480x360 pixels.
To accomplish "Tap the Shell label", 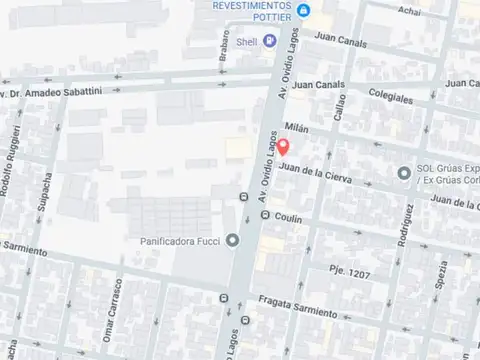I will tap(246, 42).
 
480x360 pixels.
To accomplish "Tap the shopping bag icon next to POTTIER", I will tap(305, 11).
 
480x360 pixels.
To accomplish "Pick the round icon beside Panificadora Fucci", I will tap(233, 240).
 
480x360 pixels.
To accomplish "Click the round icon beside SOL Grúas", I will tap(405, 172).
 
